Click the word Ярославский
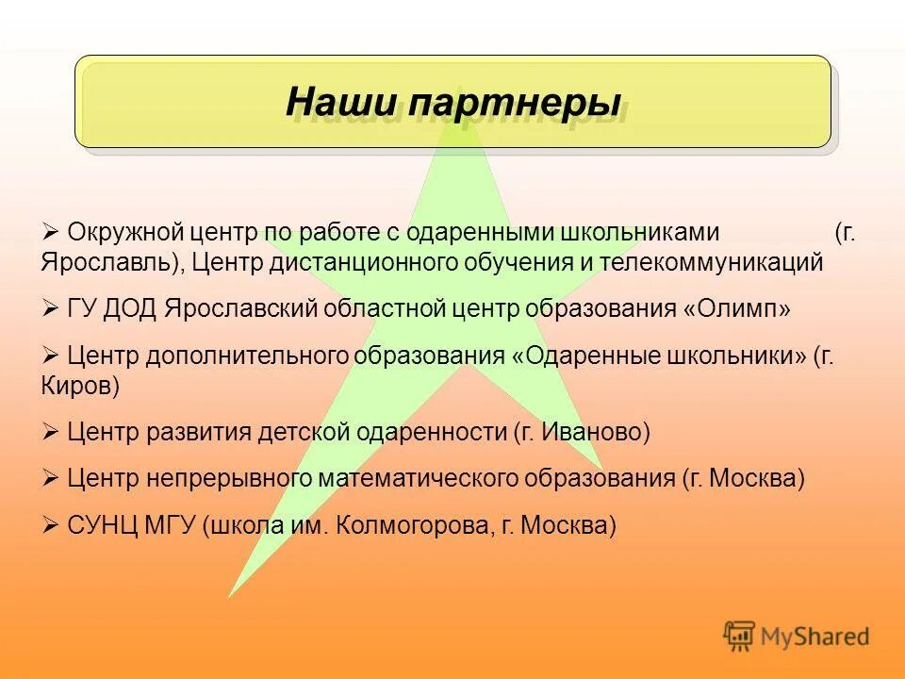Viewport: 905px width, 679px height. click(x=243, y=309)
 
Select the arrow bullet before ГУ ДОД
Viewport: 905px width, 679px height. click(x=51, y=308)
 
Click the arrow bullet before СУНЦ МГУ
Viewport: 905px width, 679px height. click(x=51, y=525)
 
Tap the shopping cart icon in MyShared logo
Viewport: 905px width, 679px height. click(x=739, y=636)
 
